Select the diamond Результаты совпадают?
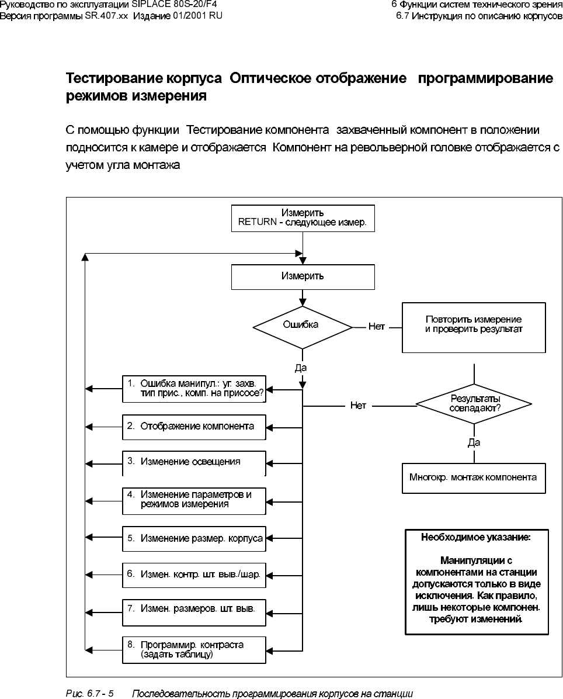(474, 404)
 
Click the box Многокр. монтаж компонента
(474, 477)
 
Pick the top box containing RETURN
(302, 218)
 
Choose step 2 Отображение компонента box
(194, 427)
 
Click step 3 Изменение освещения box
(194, 462)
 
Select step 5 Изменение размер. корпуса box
(194, 538)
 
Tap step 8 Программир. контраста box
(194, 649)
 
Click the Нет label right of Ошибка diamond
(377, 327)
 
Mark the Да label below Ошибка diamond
(301, 368)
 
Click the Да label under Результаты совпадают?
(474, 443)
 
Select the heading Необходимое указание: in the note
(476, 537)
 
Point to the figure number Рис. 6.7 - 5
(89, 694)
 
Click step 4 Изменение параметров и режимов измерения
(194, 499)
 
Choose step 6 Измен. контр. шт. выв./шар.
(194, 574)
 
